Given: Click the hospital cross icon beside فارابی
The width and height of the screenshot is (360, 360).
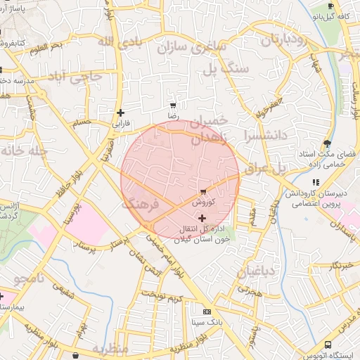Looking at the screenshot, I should pyautogui.click(x=121, y=112).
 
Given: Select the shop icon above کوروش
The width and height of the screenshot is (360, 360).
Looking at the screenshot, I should pyautogui.click(x=203, y=191).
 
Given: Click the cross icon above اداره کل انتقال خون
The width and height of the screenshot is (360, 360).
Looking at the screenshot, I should pyautogui.click(x=203, y=219).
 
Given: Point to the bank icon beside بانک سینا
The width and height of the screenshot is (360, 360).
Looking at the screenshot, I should pyautogui.click(x=206, y=311).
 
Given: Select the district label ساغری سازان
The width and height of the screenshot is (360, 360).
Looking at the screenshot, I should pyautogui.click(x=191, y=49).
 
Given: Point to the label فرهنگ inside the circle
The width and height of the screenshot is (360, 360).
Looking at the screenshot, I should pyautogui.click(x=141, y=205).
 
